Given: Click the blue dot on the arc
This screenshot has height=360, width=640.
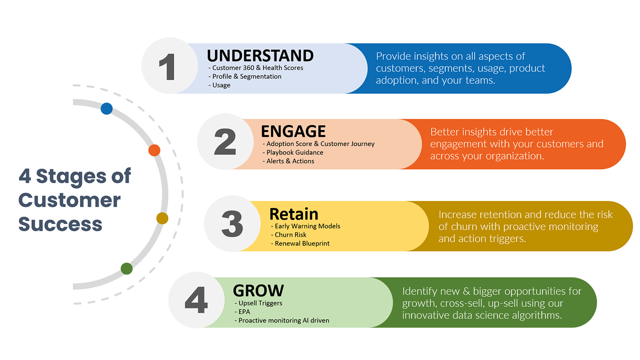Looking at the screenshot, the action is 107,108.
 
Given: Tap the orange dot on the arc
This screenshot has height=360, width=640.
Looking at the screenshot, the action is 155,150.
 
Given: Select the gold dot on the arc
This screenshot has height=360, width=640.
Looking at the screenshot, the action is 162,218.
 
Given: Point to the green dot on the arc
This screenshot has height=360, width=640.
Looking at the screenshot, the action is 127,268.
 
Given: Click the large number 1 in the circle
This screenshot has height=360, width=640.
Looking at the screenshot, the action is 167,67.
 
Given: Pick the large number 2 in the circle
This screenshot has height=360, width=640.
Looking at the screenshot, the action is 225,142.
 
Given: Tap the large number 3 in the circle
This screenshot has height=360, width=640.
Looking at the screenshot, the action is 232,223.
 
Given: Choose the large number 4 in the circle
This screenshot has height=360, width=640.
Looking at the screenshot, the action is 196,300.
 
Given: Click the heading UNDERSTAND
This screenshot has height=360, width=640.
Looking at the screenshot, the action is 260,55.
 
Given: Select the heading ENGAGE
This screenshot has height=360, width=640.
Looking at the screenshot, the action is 293,131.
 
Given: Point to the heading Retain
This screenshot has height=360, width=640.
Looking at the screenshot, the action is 293,214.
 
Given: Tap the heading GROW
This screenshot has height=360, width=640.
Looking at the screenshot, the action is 259,291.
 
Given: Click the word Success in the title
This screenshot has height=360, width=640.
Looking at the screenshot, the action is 60,224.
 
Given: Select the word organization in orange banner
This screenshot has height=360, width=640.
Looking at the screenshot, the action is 515,156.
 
